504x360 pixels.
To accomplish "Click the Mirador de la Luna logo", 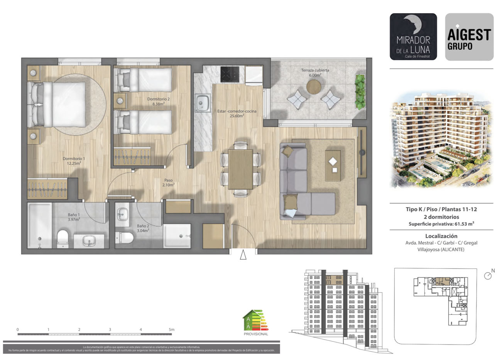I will [x=413, y=37].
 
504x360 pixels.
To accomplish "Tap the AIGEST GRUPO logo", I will [x=469, y=37].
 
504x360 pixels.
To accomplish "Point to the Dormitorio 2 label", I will [x=158, y=101].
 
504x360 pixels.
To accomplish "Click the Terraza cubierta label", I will [x=315, y=73].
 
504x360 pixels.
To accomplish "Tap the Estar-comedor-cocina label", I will [x=237, y=113].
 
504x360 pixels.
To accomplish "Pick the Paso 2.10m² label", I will [x=169, y=183].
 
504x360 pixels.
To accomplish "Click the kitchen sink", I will [x=202, y=103].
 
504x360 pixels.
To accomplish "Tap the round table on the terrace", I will [x=314, y=88].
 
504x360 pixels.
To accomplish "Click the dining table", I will [x=240, y=169].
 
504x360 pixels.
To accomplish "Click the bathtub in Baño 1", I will [x=39, y=225].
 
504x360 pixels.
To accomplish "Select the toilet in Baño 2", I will [x=125, y=237].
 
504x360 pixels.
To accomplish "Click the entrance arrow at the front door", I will [x=243, y=255].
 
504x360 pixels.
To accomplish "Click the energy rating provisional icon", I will [x=254, y=322].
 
